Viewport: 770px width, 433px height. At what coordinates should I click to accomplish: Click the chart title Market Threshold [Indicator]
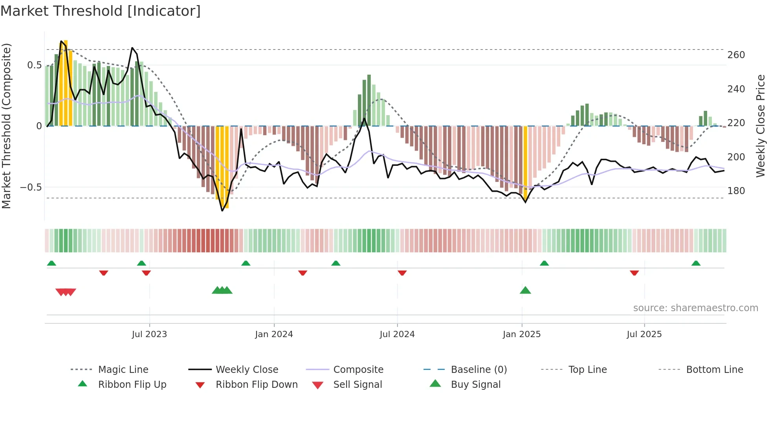(x=101, y=11)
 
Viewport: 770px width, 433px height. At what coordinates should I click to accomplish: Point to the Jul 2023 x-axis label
(x=149, y=334)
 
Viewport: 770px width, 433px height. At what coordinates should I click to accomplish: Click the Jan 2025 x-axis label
(x=522, y=334)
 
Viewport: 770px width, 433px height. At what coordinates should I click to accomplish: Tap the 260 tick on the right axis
(x=736, y=55)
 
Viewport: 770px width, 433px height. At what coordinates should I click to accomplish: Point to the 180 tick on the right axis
(x=736, y=191)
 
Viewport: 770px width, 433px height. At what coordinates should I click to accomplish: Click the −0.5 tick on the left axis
(x=31, y=187)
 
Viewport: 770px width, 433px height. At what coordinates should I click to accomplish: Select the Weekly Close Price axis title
(x=761, y=126)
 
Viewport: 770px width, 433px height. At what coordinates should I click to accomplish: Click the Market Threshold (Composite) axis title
(x=6, y=126)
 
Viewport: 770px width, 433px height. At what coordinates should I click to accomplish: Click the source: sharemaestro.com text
(x=695, y=308)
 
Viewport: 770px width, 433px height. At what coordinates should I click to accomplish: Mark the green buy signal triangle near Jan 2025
(x=525, y=290)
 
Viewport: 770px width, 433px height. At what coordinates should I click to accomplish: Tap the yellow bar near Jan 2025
(x=526, y=161)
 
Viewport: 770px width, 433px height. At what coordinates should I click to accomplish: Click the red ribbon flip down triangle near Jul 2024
(x=402, y=273)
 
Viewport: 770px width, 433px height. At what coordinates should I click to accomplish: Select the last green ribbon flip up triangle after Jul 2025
(x=696, y=263)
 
